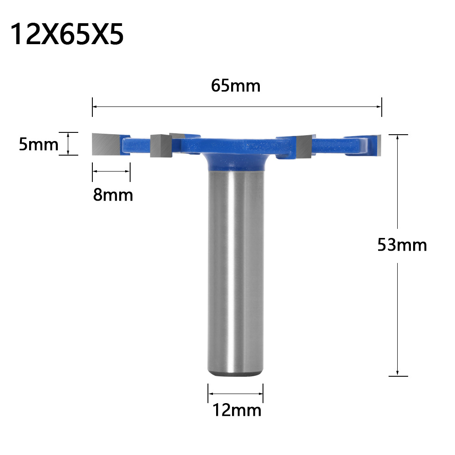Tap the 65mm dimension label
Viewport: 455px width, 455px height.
tap(236, 86)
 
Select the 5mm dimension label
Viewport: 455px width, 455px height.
tap(39, 145)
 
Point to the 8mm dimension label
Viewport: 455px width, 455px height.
tap(113, 195)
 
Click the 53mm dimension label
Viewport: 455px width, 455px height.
tap(402, 245)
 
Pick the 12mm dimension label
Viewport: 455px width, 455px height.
tap(237, 410)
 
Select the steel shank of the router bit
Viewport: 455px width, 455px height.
tap(235, 273)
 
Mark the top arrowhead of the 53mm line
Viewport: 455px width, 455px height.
tap(398, 137)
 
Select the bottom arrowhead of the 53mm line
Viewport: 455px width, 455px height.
tap(398, 374)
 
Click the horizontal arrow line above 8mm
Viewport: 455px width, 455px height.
tap(111, 171)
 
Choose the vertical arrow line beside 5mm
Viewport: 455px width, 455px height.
tap(68, 144)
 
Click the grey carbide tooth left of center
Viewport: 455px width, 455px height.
tap(159, 146)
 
